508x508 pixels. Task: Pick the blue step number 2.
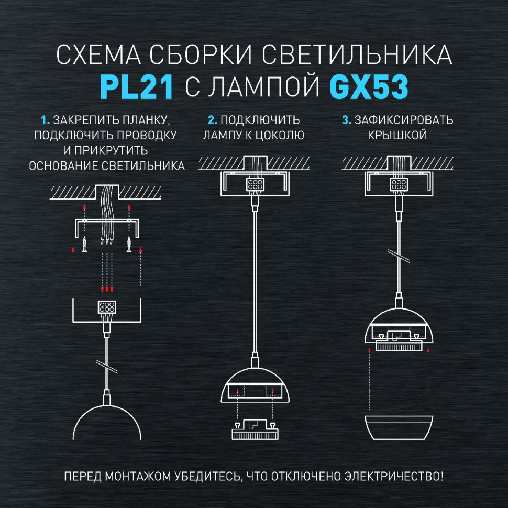click(211, 120)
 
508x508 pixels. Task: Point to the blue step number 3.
click(346, 120)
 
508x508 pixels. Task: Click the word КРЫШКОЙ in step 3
click(396, 135)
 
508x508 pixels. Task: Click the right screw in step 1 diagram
click(129, 243)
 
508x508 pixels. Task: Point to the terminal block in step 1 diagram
click(107, 307)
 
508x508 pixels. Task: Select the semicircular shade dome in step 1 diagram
click(107, 419)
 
